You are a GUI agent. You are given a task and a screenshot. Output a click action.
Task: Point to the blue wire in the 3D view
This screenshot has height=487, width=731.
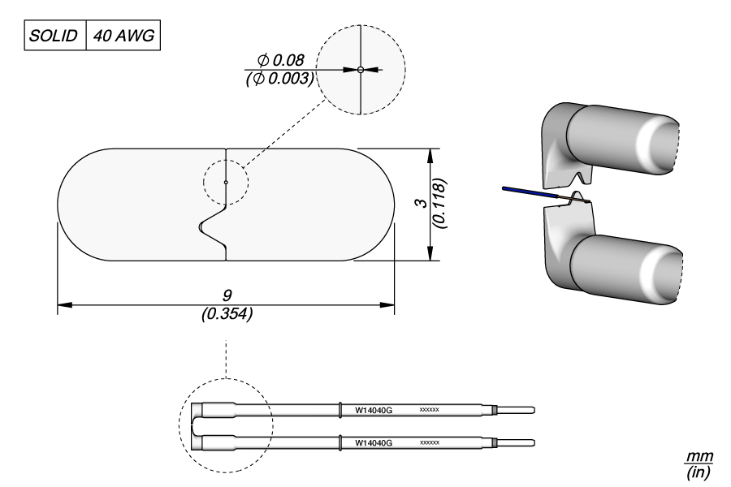coord(528,192)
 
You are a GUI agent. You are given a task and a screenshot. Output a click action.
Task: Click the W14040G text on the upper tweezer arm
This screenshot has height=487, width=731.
coord(374,410)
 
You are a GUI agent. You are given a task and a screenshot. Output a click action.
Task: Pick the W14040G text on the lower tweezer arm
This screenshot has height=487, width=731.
coord(374,443)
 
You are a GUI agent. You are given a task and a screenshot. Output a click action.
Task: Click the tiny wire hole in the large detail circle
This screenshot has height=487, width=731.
coord(360,70)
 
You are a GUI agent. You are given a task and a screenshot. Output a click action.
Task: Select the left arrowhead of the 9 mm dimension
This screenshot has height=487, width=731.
coord(63,306)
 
